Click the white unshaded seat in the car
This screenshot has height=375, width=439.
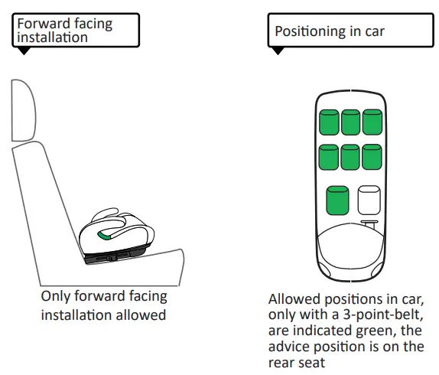pyautogui.click(x=369, y=201)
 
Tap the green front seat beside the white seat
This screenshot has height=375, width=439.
pyautogui.click(x=337, y=201)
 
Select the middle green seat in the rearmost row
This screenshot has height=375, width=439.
pyautogui.click(x=351, y=122)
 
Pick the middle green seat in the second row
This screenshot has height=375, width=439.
pyautogui.click(x=350, y=157)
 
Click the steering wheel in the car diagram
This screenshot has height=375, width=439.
pyautogui.click(x=369, y=224)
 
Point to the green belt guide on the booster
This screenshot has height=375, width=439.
pyautogui.click(x=105, y=236)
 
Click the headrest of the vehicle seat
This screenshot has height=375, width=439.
pyautogui.click(x=24, y=110)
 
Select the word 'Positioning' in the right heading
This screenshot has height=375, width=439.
pyautogui.click(x=311, y=31)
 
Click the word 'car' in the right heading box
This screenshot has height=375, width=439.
pyautogui.click(x=375, y=31)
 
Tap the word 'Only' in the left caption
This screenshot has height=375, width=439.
pyautogui.click(x=55, y=297)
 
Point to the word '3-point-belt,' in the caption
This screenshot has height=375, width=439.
pyautogui.click(x=382, y=315)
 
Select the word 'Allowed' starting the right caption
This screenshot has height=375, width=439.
pyautogui.click(x=294, y=299)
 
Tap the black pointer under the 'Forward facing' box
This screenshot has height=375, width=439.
pyautogui.click(x=24, y=51)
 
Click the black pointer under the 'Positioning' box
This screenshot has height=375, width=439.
pyautogui.click(x=278, y=51)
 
